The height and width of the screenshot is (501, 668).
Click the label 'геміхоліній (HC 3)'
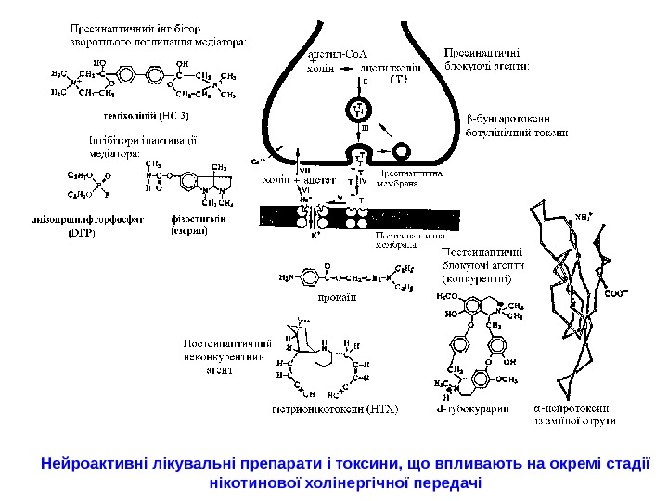(x=147, y=116)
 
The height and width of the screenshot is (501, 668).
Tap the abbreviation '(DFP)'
(x=83, y=233)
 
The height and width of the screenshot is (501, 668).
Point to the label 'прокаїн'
(x=336, y=297)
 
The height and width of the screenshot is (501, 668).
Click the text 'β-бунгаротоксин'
(x=507, y=118)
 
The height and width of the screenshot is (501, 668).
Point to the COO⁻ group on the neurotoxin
(x=613, y=294)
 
